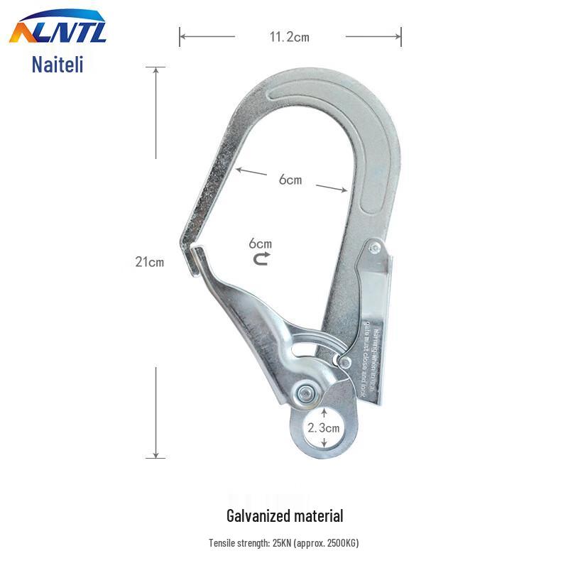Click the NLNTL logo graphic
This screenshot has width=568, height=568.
58,31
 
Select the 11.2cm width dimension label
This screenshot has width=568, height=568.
289,37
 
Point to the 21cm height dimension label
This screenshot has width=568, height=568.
150,261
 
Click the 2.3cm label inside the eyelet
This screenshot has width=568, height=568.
324,427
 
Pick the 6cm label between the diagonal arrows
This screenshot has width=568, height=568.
290,180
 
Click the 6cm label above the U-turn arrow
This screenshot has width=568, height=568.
261,244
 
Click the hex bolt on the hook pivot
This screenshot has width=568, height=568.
307,392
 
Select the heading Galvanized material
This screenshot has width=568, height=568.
285,516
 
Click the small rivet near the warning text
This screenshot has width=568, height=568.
345,364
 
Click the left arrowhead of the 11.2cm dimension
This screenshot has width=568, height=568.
182,36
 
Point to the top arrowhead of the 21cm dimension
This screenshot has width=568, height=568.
155,70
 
